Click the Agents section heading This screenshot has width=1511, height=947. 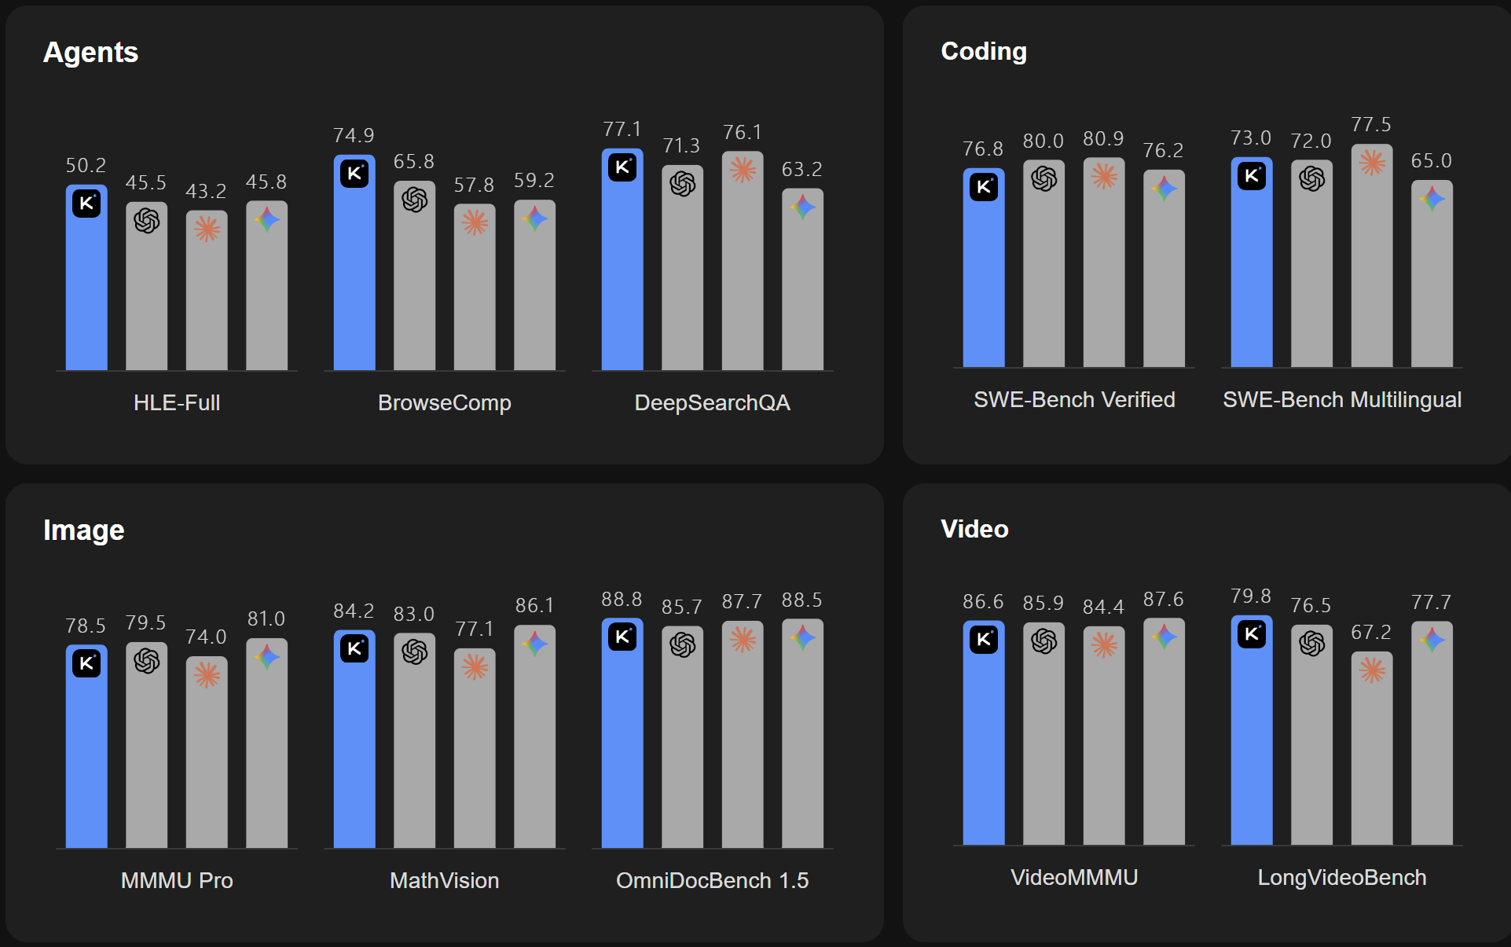90,53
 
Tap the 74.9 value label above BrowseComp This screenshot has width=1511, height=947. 354,135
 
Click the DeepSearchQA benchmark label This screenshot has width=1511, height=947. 712,402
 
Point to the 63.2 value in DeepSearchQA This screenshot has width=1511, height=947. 801,169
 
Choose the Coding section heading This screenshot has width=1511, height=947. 984,51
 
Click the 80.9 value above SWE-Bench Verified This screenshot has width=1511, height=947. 1103,139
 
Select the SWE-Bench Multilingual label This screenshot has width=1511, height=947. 1342,399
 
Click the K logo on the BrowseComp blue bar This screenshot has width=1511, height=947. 354,173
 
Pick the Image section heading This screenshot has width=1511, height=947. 84,530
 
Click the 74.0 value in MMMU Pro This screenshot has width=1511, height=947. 206,637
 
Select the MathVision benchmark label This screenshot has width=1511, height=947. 445,880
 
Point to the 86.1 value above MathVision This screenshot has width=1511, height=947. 534,605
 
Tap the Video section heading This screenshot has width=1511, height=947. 974,529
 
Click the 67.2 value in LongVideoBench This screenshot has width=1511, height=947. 1371,632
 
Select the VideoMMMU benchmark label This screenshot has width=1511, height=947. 1074,877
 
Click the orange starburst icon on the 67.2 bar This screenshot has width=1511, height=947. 1372,670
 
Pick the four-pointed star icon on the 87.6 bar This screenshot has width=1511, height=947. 1164,637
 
